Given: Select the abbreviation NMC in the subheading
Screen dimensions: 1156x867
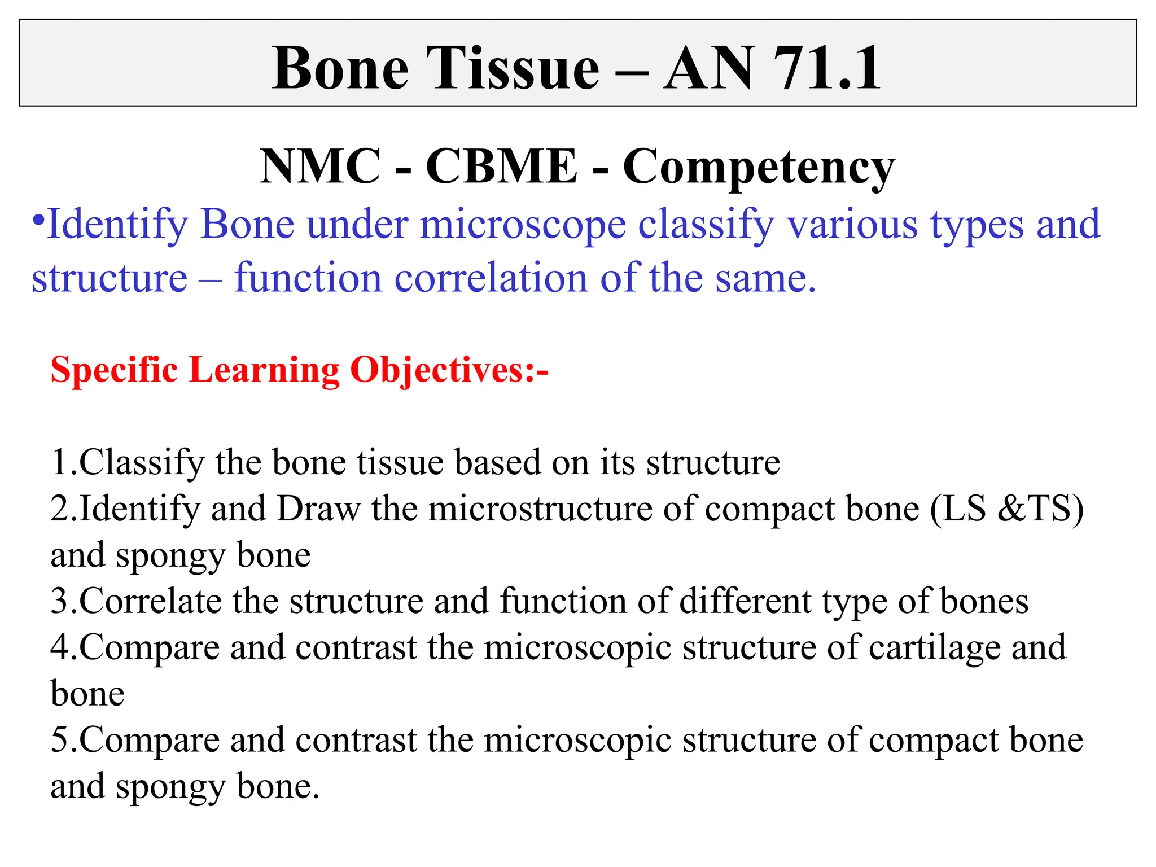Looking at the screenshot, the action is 320,167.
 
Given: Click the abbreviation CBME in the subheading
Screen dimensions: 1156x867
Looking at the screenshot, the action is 501,167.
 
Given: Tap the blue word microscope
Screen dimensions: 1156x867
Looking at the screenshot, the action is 523,225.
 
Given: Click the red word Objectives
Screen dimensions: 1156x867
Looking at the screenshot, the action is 437,370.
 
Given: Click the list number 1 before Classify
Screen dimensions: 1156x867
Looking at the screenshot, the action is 60,462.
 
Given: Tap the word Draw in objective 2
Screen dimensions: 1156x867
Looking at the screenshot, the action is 318,509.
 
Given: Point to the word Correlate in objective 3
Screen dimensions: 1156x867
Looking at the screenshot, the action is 150,601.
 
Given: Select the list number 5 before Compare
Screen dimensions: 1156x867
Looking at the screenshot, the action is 60,739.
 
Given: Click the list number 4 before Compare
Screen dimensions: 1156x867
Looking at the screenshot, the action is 60,647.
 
